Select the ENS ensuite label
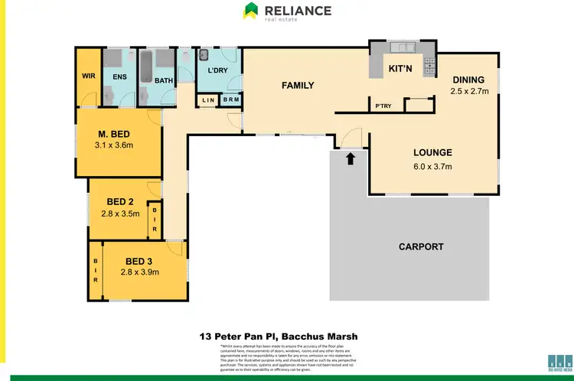tap(119, 77)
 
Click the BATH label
tap(165, 80)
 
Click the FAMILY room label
tap(298, 85)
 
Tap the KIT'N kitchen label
tap(401, 68)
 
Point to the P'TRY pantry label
tap(382, 106)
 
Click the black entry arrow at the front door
tap(351, 159)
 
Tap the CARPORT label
tap(421, 246)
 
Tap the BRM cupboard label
tap(230, 100)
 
